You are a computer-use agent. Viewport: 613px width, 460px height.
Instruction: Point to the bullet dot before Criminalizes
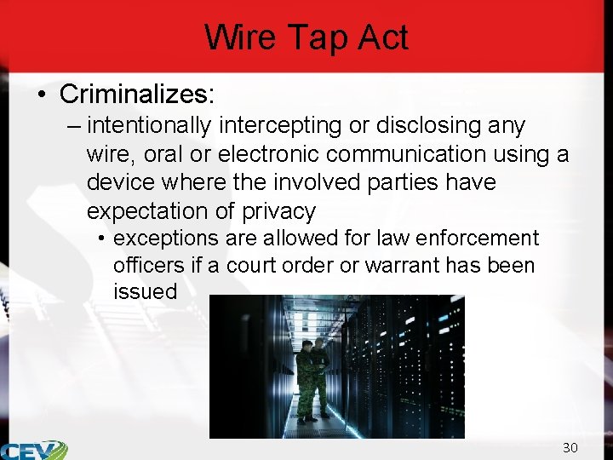coord(42,93)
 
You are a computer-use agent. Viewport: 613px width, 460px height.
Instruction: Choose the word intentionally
coord(149,126)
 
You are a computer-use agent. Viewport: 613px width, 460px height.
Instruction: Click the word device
coord(117,182)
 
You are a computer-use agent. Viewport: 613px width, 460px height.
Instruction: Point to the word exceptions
coord(166,238)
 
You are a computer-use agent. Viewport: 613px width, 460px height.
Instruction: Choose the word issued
coord(145,291)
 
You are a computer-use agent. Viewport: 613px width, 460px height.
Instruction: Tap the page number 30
coord(570,448)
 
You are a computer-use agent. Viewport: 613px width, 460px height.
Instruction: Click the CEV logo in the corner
coord(34,450)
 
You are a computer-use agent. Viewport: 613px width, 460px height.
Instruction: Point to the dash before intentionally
coord(73,126)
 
